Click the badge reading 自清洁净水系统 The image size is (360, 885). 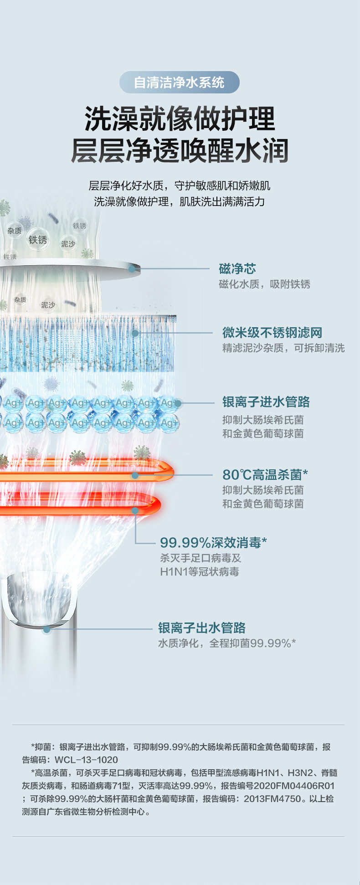click(x=179, y=82)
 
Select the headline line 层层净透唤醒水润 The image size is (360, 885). click(x=180, y=150)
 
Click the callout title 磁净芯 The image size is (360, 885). click(x=237, y=269)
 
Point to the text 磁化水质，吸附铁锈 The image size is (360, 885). click(x=264, y=284)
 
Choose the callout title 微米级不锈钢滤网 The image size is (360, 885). click(x=272, y=333)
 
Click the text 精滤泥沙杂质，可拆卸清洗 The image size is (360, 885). click(x=283, y=348)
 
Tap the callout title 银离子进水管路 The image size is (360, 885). click(x=266, y=402)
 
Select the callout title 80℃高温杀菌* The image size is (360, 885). click(x=265, y=475)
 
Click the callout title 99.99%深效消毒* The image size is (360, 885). click(x=213, y=543)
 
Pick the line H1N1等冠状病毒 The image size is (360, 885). click(x=199, y=572)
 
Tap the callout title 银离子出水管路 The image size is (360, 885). click(x=201, y=628)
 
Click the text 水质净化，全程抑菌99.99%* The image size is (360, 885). click(x=226, y=643)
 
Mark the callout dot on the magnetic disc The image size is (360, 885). click(x=132, y=269)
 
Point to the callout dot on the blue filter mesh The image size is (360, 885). click(x=135, y=333)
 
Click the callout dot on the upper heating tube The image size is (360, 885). click(x=135, y=475)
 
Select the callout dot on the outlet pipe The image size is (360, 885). click(x=46, y=629)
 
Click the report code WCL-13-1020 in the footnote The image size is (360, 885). click(x=86, y=760)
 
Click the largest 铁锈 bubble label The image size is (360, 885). click(x=38, y=240)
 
